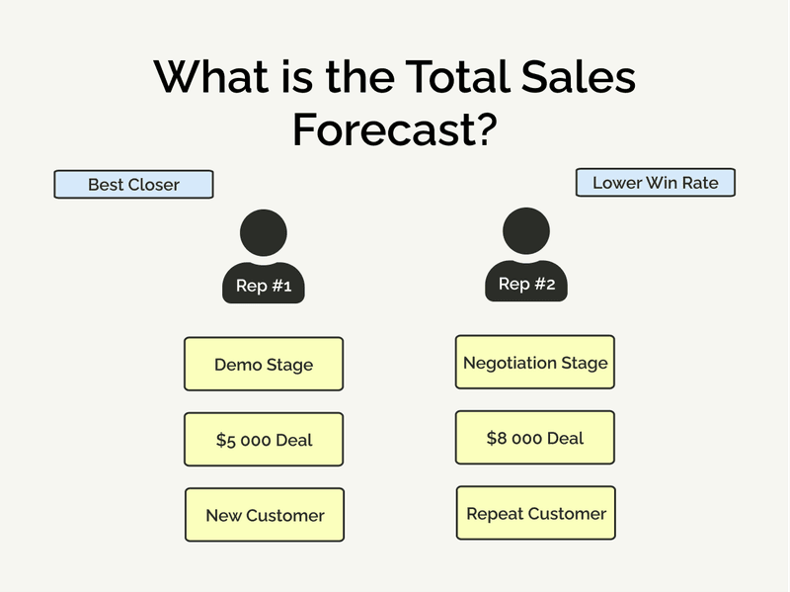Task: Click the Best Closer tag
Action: pyautogui.click(x=133, y=185)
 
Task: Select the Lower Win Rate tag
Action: pyautogui.click(x=656, y=183)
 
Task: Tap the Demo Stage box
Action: pyautogui.click(x=264, y=365)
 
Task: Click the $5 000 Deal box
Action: pyautogui.click(x=264, y=440)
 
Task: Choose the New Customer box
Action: pyautogui.click(x=265, y=515)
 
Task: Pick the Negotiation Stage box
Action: pyautogui.click(x=535, y=363)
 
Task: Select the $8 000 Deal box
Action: pyautogui.click(x=535, y=438)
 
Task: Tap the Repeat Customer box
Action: pyautogui.click(x=536, y=513)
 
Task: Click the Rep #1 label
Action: pyautogui.click(x=264, y=287)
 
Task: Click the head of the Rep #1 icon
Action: pyautogui.click(x=264, y=233)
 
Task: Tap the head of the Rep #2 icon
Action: pyautogui.click(x=526, y=230)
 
